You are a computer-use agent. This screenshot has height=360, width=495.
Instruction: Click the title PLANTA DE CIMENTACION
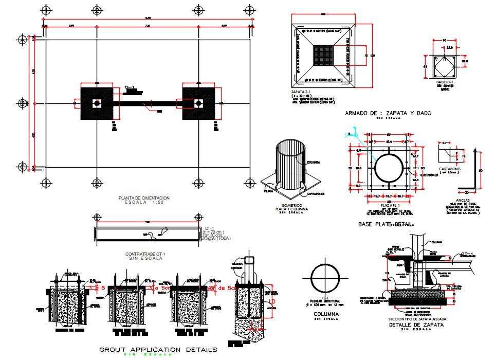(x=144, y=197)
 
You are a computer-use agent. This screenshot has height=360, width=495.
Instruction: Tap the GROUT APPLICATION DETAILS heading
(x=158, y=349)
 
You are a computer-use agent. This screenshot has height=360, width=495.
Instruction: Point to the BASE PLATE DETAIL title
(x=386, y=225)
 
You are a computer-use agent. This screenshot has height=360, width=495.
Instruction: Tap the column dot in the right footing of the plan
(x=198, y=103)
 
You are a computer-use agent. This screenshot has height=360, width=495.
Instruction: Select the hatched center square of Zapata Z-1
(x=323, y=55)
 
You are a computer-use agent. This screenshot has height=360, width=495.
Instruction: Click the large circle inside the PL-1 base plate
(x=389, y=169)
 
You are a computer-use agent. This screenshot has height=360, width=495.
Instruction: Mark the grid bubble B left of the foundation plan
(x=22, y=103)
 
